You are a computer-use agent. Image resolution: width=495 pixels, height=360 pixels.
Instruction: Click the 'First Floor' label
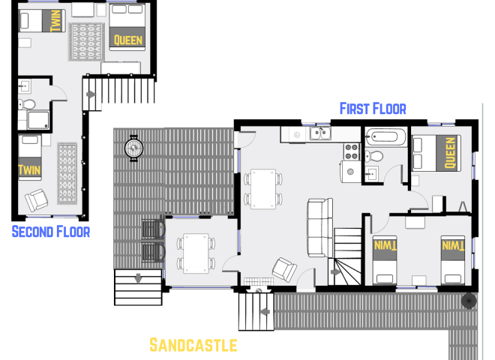373,109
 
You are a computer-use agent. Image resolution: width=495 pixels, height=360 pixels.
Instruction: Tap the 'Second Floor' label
51,232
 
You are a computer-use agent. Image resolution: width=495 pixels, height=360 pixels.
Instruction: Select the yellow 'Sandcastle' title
193,345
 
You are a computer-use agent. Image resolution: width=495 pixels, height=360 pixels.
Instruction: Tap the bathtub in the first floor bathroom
385,139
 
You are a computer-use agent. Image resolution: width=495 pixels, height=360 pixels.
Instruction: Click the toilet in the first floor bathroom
376,156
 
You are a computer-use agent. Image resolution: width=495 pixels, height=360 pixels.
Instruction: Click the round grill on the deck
134,146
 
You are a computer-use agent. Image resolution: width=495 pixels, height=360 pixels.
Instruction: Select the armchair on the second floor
35,199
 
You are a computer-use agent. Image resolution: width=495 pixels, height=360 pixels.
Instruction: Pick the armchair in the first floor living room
285,268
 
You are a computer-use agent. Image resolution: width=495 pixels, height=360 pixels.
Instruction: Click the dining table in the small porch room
196,252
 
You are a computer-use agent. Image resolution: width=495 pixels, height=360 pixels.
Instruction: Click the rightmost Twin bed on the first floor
454,257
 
